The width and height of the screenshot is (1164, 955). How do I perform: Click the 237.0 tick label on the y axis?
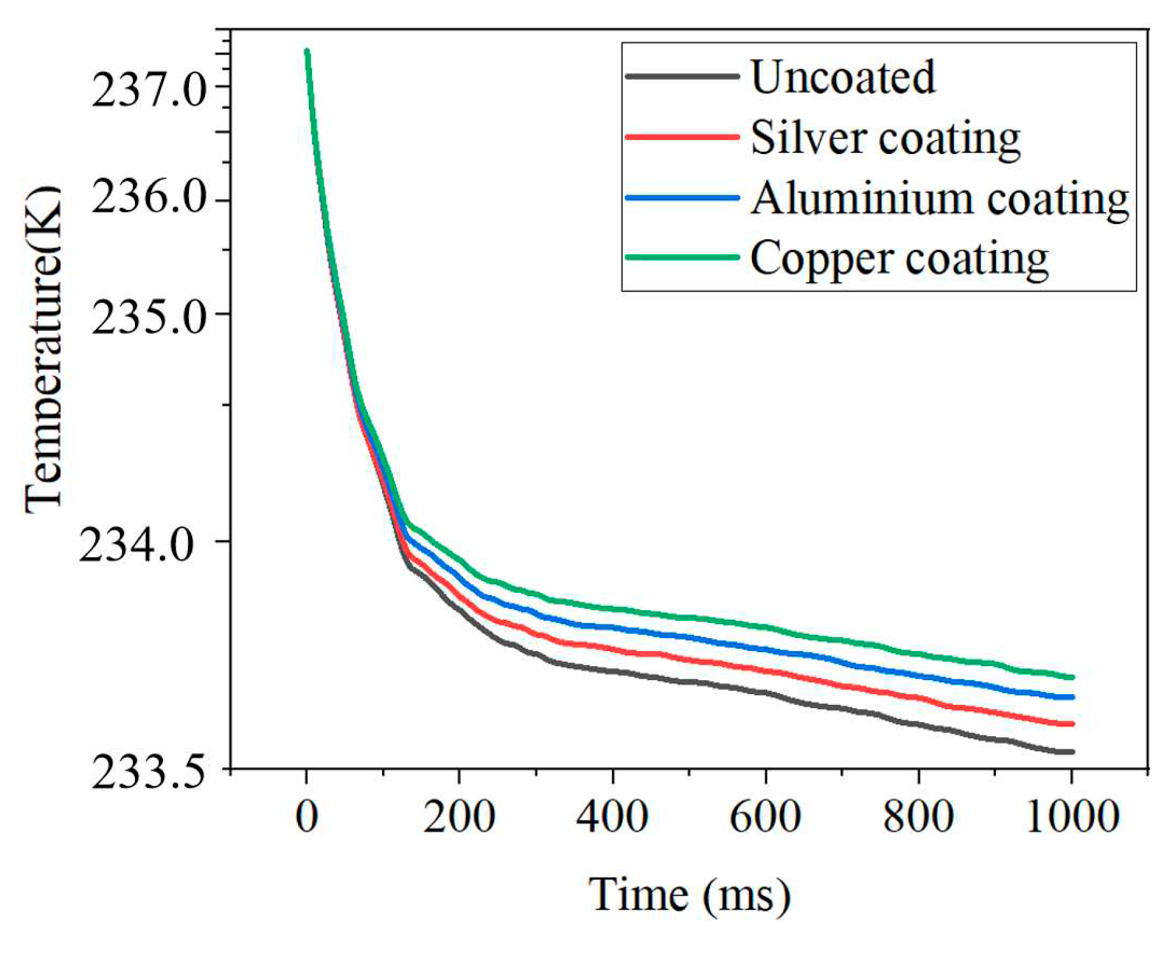141,88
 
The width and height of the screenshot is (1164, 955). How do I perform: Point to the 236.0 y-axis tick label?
141,200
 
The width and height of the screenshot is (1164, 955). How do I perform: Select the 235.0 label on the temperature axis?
141,316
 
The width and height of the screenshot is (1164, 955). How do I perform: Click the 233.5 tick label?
141,773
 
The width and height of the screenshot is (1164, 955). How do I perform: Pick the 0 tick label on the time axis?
306,817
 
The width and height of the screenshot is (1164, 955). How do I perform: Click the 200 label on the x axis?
459,817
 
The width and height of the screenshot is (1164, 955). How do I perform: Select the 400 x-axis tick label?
613,817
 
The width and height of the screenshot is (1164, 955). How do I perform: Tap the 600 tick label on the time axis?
765,817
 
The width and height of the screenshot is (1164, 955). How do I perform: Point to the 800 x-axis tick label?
918,817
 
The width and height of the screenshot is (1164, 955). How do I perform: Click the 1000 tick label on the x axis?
1073,817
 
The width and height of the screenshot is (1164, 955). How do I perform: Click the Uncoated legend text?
842,78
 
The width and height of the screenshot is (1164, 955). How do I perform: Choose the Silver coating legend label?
886,138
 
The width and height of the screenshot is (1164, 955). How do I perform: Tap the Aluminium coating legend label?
940,199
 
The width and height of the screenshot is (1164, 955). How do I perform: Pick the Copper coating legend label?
899,259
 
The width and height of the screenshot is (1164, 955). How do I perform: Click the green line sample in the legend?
682,258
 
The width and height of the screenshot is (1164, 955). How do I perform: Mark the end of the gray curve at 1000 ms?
1072,752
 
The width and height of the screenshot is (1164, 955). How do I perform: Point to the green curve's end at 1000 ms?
1072,677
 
